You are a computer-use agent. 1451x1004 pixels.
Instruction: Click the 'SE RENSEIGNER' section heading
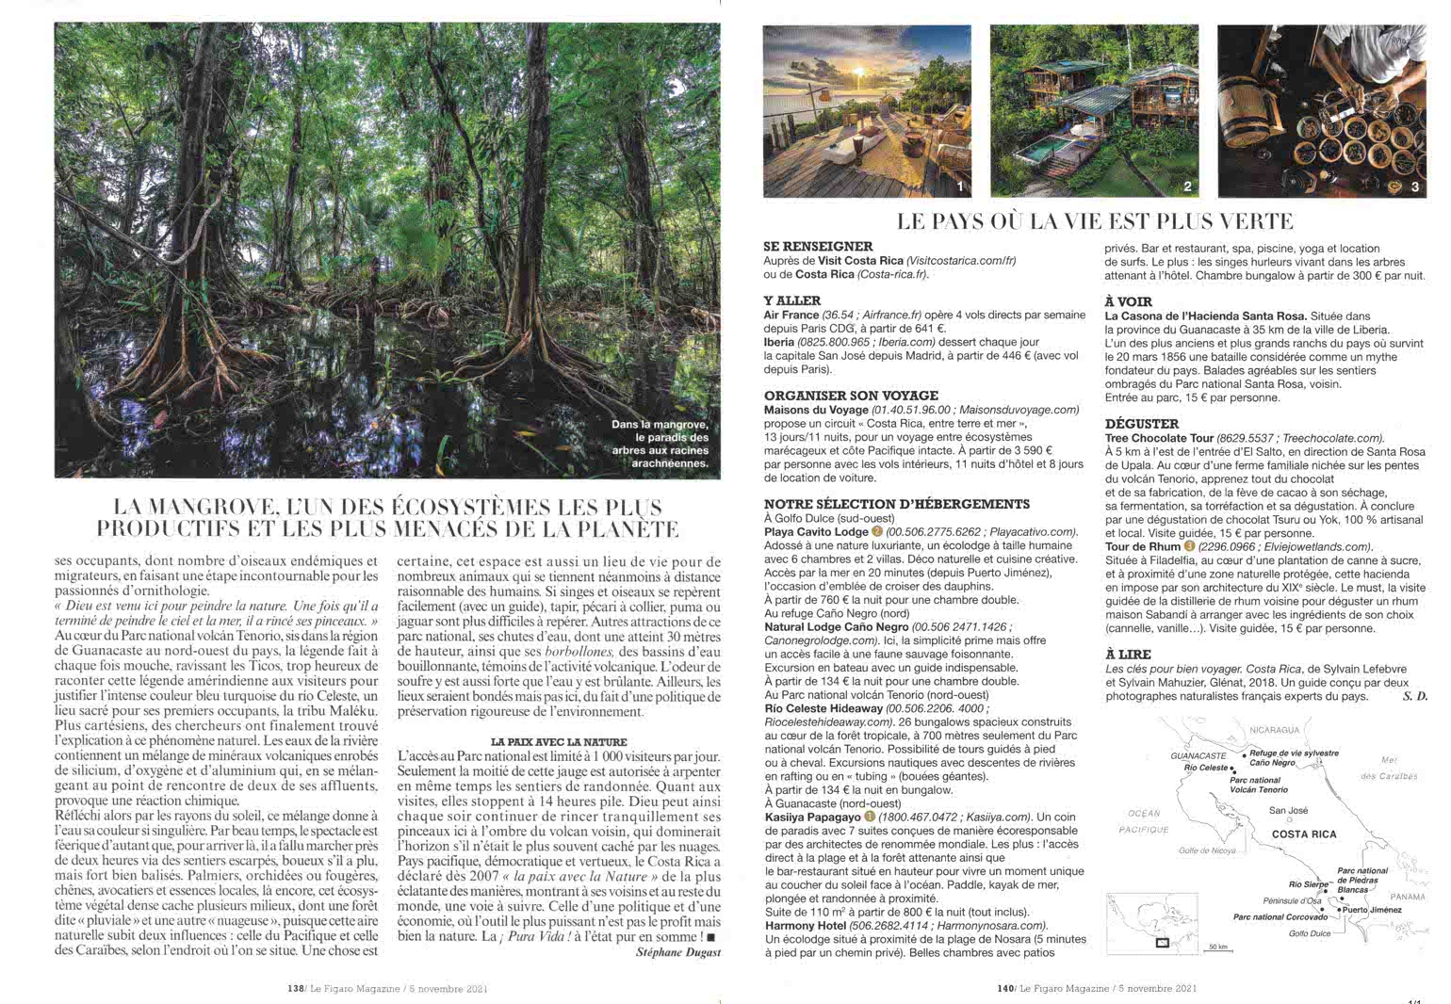tap(818, 247)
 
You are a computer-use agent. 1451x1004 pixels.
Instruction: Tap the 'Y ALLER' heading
tap(792, 301)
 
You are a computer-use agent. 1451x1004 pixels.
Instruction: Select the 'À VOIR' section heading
tap(1127, 302)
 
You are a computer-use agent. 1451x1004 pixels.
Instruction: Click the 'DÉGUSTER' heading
tap(1141, 425)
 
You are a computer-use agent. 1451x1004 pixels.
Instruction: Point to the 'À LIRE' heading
tap(1128, 655)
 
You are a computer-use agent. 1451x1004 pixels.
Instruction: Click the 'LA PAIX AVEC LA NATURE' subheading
tap(559, 742)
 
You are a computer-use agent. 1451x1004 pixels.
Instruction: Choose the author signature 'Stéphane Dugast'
tap(677, 952)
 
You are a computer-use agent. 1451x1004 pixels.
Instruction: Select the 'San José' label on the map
tap(1288, 810)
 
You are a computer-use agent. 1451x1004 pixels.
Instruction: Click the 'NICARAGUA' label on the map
tap(1275, 730)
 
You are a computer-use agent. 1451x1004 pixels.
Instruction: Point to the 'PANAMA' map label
tap(1408, 897)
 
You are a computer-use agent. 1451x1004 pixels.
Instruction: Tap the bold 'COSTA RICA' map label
tap(1303, 834)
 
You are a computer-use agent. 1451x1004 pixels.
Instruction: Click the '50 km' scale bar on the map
tap(1218, 947)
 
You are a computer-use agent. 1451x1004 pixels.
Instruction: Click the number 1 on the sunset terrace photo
tap(959, 186)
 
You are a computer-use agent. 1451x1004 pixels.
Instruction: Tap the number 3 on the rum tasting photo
tap(1414, 186)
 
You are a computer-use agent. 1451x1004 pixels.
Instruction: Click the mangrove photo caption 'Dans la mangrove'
tap(659, 425)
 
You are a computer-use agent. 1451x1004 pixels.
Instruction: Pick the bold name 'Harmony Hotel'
tap(807, 926)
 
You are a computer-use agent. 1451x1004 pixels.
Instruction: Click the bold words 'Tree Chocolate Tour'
tap(1159, 438)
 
